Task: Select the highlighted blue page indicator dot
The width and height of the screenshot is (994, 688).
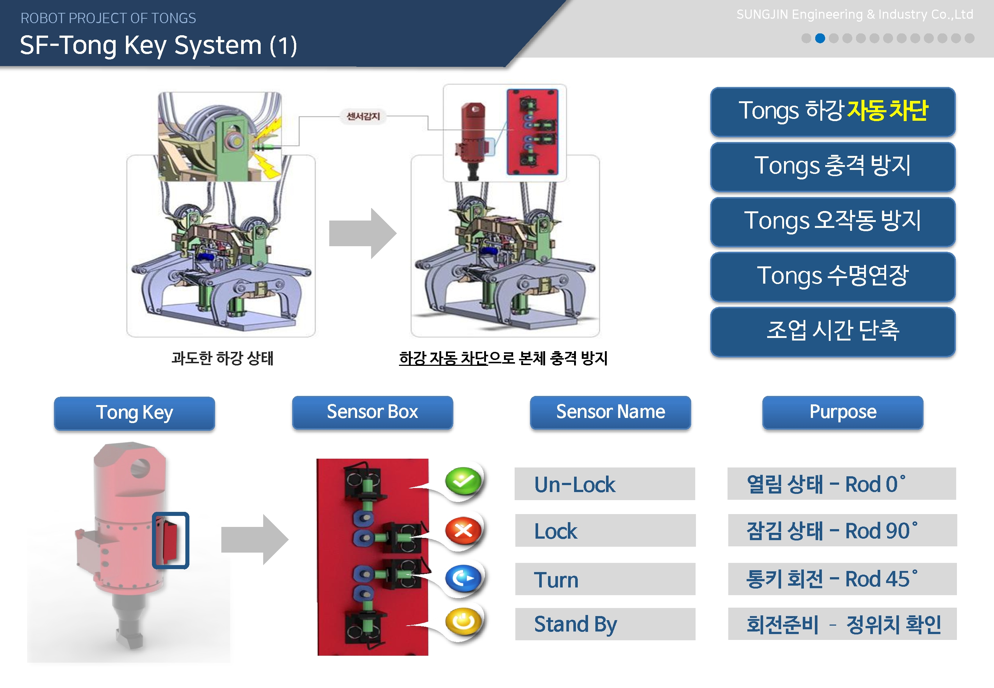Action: [820, 39]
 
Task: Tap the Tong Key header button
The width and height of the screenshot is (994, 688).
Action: [135, 413]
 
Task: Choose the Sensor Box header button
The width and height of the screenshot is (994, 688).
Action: [373, 412]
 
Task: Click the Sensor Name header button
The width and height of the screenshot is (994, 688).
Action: [610, 412]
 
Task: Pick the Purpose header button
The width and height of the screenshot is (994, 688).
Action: [843, 412]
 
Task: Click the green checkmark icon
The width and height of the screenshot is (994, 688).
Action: [463, 481]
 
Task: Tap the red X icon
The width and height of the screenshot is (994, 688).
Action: [463, 530]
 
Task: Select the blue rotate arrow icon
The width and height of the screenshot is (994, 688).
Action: [463, 578]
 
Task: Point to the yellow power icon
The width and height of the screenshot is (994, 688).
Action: [463, 622]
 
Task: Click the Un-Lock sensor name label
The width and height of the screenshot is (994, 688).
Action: [605, 484]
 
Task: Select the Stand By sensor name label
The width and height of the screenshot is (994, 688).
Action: [605, 624]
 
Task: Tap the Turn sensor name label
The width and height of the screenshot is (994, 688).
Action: [605, 579]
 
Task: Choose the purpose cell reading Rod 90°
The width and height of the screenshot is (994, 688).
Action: [842, 530]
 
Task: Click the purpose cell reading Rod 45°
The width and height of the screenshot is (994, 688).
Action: [842, 579]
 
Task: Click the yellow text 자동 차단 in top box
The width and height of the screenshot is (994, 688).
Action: [887, 110]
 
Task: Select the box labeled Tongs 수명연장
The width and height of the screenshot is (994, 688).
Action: [833, 277]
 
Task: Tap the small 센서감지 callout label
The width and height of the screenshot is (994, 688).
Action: [363, 116]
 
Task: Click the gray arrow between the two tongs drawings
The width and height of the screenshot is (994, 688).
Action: [362, 234]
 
